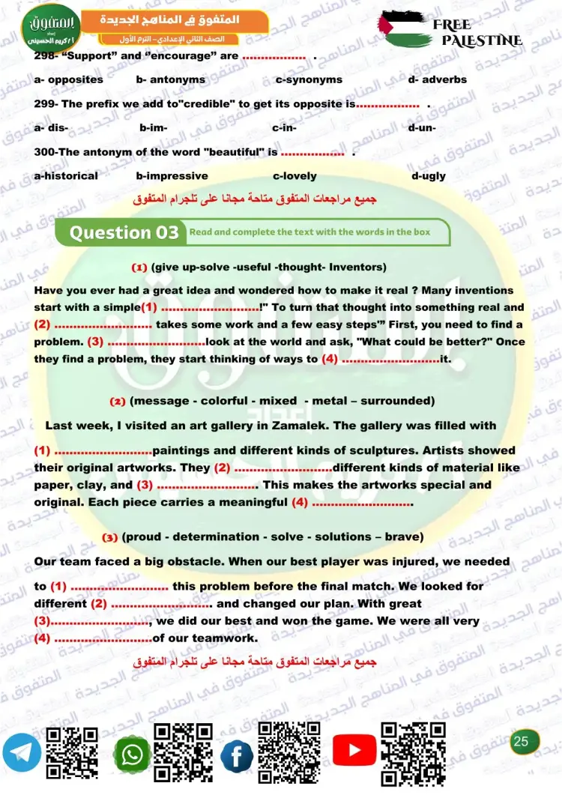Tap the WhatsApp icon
tap(132, 755)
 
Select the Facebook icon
tap(237, 755)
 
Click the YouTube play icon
tap(354, 751)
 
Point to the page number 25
tap(522, 742)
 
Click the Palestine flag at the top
tap(405, 30)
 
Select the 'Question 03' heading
tap(124, 232)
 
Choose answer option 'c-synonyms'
tap(309, 79)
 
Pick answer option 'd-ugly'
tap(429, 176)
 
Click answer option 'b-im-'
tap(153, 128)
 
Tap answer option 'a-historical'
tap(66, 176)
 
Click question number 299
tap(46, 104)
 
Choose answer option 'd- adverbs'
tap(438, 79)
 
